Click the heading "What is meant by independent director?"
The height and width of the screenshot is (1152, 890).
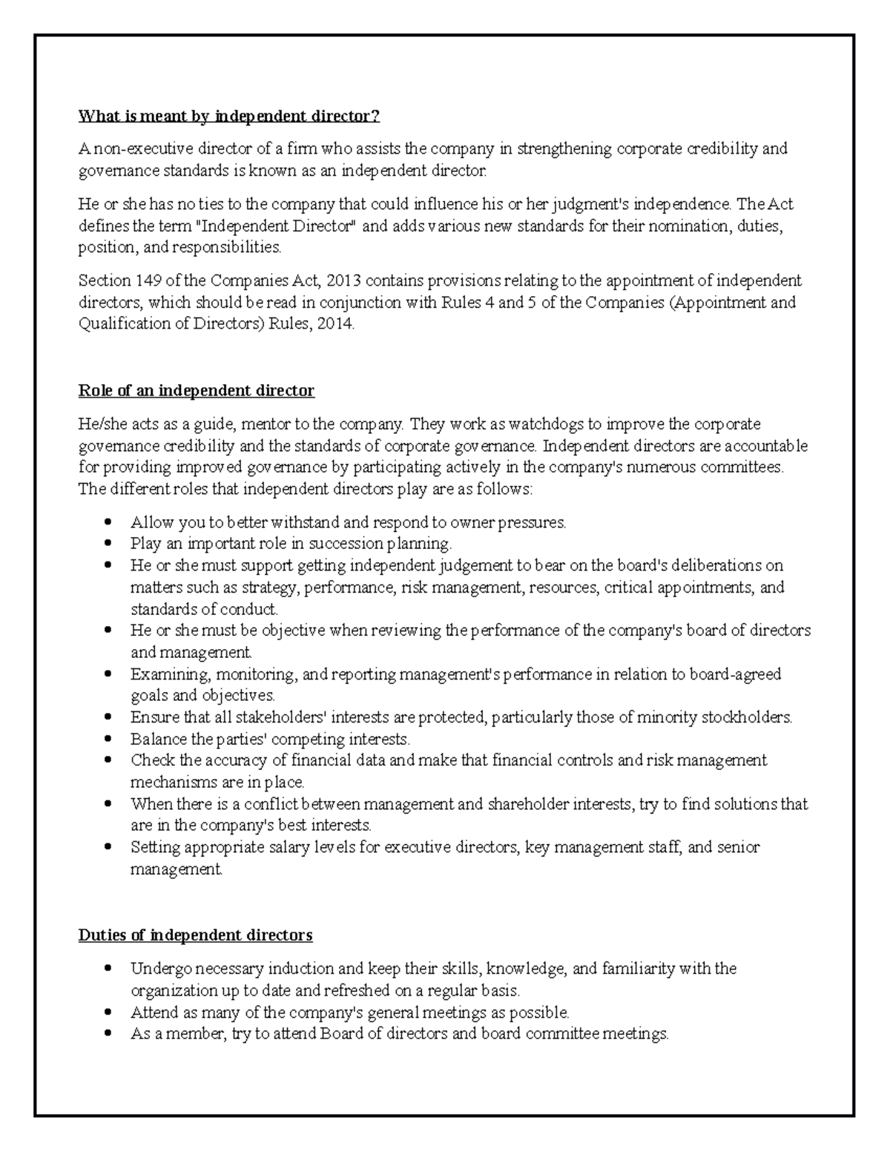coord(229,116)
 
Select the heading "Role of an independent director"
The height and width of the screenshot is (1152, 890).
coord(197,391)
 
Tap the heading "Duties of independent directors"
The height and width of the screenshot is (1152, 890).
coord(196,935)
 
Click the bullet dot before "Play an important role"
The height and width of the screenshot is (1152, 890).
coord(109,544)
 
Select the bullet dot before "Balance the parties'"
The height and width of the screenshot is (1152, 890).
coord(109,740)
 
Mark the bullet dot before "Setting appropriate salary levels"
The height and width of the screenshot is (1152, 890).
coord(109,847)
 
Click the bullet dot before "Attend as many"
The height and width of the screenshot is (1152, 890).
coord(109,1013)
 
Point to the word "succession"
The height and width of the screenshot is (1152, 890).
coord(341,544)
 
